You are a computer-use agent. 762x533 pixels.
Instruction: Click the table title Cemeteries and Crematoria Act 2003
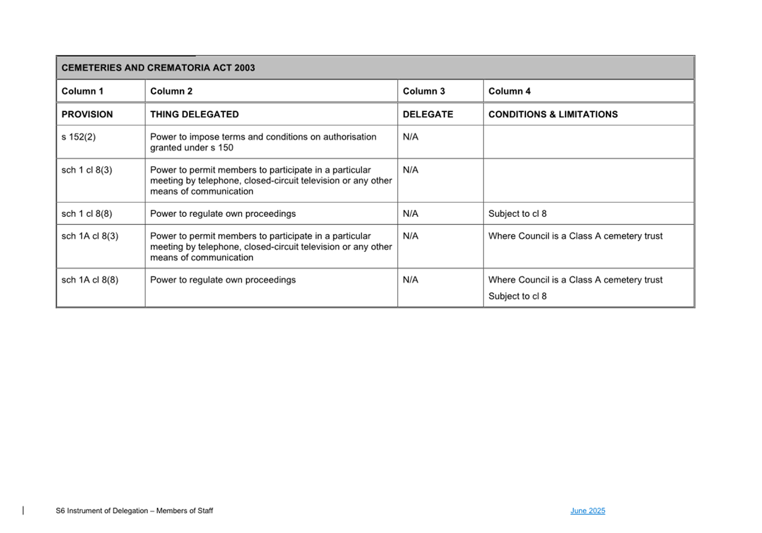pyautogui.click(x=158, y=68)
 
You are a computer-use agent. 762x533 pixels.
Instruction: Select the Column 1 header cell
pyautogui.click(x=83, y=91)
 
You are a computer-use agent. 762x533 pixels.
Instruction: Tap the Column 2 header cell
pyautogui.click(x=171, y=91)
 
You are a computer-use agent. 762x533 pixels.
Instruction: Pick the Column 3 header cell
pyautogui.click(x=424, y=91)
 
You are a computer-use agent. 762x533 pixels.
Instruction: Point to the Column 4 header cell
pyautogui.click(x=509, y=91)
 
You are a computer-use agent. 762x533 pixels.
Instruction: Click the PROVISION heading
pyautogui.click(x=87, y=114)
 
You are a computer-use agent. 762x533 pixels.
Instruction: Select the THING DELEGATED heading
pyautogui.click(x=194, y=114)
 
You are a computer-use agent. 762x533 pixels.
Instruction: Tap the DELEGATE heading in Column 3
pyautogui.click(x=428, y=114)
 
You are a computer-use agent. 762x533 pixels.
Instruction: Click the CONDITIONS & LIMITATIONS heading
pyautogui.click(x=553, y=114)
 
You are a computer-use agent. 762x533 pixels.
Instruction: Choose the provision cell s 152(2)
pyautogui.click(x=79, y=137)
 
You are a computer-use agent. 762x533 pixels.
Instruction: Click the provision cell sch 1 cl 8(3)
pyautogui.click(x=87, y=170)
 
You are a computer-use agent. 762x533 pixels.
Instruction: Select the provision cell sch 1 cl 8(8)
pyautogui.click(x=87, y=214)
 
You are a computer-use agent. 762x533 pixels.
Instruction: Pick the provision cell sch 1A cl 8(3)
pyautogui.click(x=90, y=236)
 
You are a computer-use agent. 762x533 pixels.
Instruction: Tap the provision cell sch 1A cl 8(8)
pyautogui.click(x=90, y=280)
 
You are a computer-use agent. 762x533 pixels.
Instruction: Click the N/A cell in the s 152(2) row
pyautogui.click(x=410, y=137)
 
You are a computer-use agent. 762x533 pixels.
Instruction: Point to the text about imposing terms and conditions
pyautogui.click(x=262, y=142)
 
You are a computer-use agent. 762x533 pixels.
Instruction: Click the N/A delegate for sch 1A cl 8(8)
pyautogui.click(x=410, y=280)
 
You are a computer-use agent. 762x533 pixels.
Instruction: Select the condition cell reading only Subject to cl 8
pyautogui.click(x=517, y=214)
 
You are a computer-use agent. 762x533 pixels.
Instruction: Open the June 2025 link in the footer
pyautogui.click(x=587, y=511)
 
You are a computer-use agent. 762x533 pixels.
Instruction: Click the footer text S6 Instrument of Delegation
pyautogui.click(x=134, y=511)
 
